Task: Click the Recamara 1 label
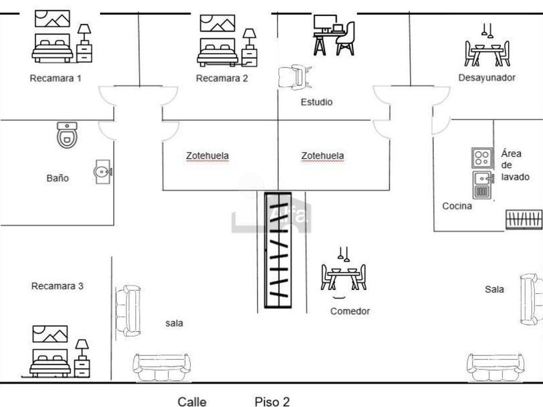pyautogui.click(x=56, y=78)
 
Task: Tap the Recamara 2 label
pyautogui.click(x=222, y=78)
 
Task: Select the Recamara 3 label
pyautogui.click(x=58, y=286)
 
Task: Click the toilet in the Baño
pyautogui.click(x=67, y=134)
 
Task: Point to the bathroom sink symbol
pyautogui.click(x=103, y=171)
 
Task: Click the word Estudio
pyautogui.click(x=317, y=102)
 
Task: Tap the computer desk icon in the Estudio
pyautogui.click(x=334, y=35)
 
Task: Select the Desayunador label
pyautogui.click(x=487, y=78)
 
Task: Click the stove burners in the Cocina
pyautogui.click(x=482, y=158)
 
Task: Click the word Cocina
pyautogui.click(x=457, y=206)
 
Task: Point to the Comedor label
pyautogui.click(x=350, y=311)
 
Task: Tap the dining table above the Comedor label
pyautogui.click(x=343, y=273)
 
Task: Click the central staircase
pyautogui.click(x=278, y=250)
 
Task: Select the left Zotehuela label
pyautogui.click(x=208, y=156)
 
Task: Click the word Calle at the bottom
pyautogui.click(x=192, y=402)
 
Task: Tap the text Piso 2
pyautogui.click(x=272, y=402)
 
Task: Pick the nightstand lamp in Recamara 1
pyautogui.click(x=84, y=34)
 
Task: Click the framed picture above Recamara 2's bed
pyautogui.click(x=217, y=23)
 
